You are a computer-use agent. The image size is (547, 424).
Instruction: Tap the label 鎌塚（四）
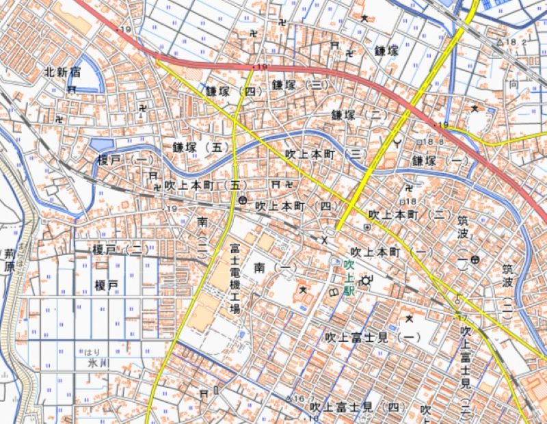pos(233,90)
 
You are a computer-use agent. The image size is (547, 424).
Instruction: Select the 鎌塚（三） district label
pos(299,85)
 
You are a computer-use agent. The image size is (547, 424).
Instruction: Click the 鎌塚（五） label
pos(200,147)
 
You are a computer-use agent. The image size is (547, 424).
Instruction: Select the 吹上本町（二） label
pos(410,215)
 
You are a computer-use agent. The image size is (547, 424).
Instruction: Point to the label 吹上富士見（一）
pos(373,337)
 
